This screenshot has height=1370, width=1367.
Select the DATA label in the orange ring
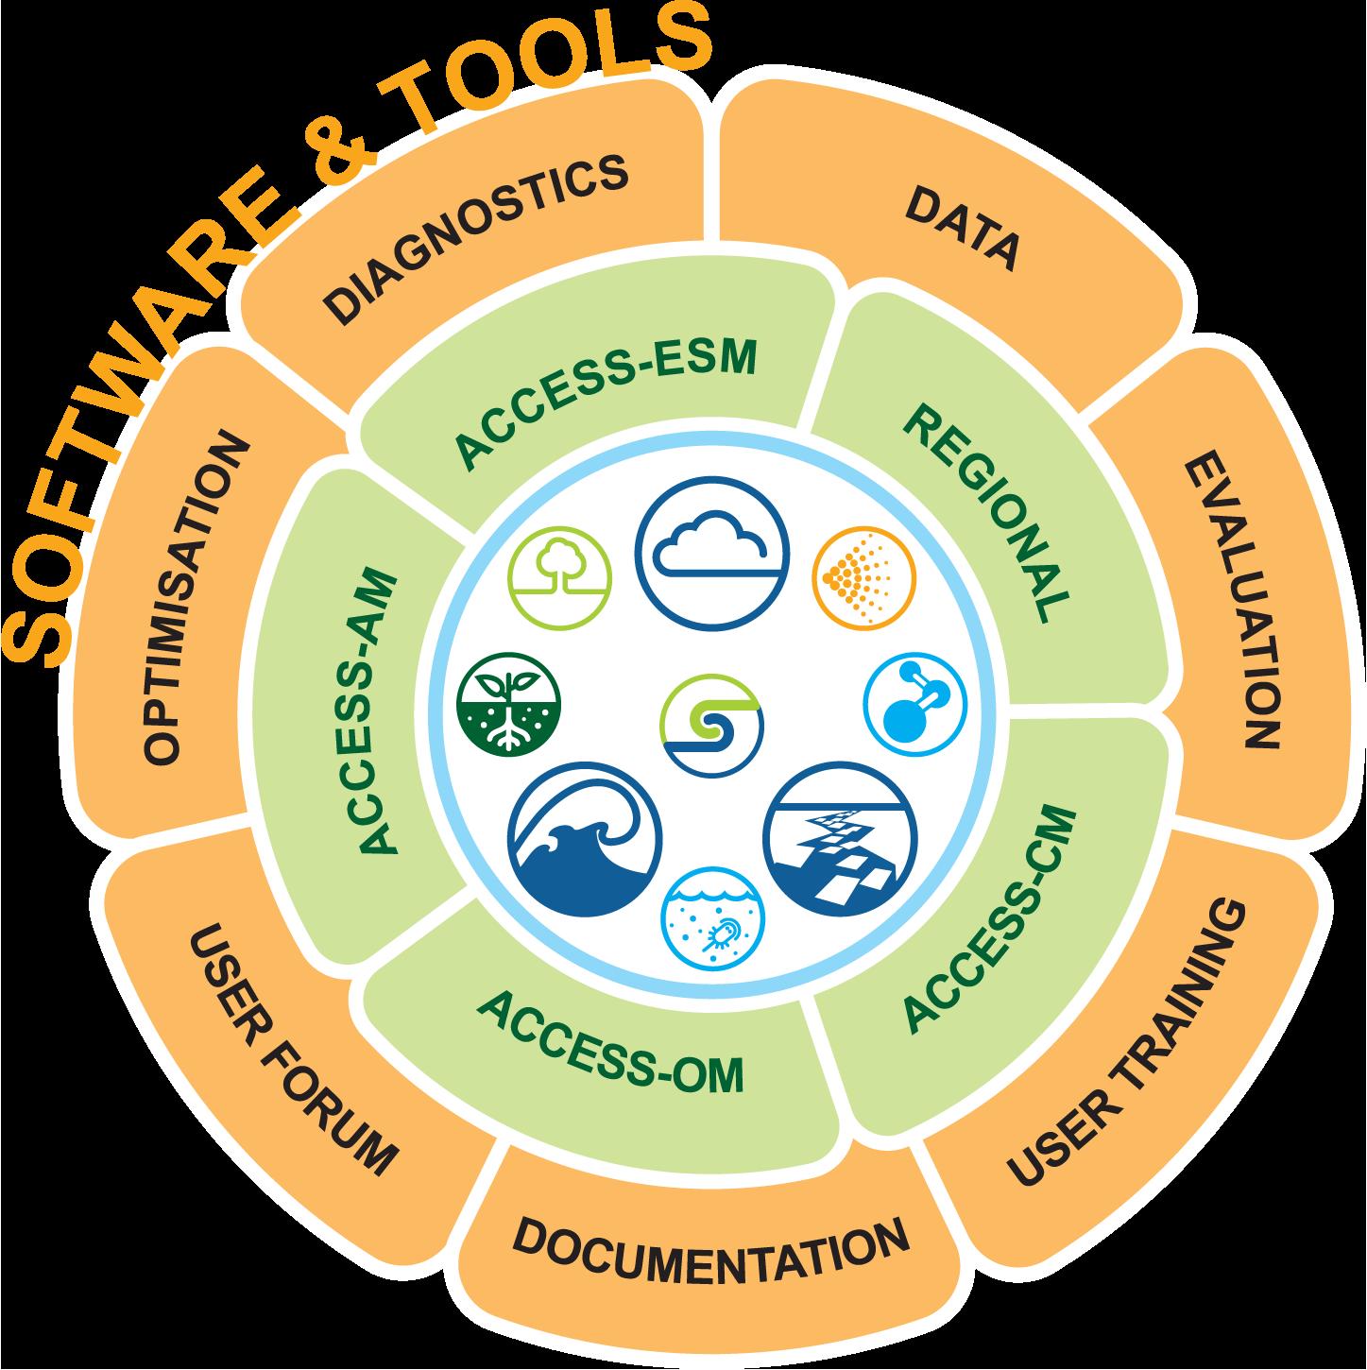point(962,230)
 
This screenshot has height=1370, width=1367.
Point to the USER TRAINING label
point(1126,1041)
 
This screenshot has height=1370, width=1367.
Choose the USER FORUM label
point(293,1048)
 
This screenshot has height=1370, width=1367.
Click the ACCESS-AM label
point(378,711)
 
